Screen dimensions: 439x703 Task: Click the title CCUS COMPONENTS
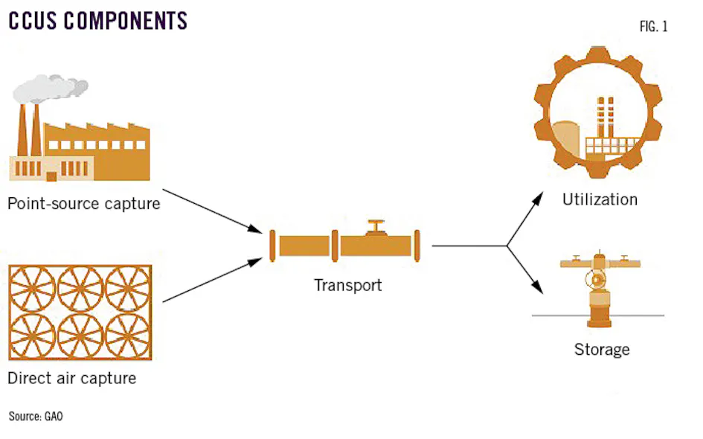[x=97, y=20]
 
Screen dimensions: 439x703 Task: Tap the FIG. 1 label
[x=653, y=27]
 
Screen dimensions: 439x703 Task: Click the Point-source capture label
[x=83, y=202]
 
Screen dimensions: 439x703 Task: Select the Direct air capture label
[x=71, y=378]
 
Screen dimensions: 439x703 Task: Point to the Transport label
[x=347, y=285]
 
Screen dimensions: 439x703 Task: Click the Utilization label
[x=600, y=199]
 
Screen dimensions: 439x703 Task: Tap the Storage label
[x=601, y=349]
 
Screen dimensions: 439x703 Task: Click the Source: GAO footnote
[x=36, y=416]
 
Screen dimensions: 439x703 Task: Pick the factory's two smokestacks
[x=28, y=130]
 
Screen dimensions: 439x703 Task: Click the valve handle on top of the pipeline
[x=377, y=225]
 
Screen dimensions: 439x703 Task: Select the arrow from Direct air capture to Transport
[x=212, y=281]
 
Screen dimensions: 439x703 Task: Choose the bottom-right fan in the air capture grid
[x=127, y=337]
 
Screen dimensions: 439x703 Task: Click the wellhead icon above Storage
[x=600, y=289]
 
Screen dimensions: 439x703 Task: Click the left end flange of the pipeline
[x=272, y=245]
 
